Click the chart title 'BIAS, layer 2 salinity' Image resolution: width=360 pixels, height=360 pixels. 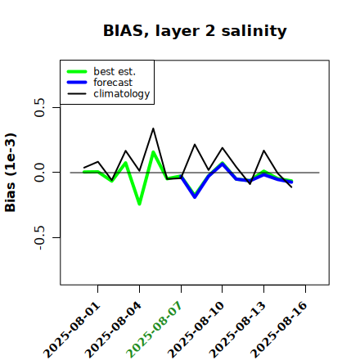point(195,30)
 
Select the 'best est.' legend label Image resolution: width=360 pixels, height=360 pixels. point(115,71)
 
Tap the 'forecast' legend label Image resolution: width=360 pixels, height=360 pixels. point(113,83)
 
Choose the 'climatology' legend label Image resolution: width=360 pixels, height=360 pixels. point(122,93)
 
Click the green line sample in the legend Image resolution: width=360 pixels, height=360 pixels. point(77,71)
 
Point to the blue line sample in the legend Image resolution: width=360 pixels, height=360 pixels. point(77,83)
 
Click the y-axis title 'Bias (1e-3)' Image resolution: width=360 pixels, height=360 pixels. point(11,173)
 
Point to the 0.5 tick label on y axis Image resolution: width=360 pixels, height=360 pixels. point(40,107)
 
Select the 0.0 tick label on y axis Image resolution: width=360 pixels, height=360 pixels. point(40,173)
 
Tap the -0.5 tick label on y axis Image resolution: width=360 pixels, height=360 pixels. point(40,238)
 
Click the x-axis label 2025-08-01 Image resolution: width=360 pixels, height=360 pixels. point(72,330)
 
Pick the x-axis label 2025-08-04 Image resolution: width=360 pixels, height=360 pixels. point(114,330)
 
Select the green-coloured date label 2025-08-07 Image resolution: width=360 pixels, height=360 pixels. point(155,330)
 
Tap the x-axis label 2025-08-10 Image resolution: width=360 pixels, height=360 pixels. point(196,330)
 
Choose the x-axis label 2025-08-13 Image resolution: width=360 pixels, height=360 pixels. point(237,330)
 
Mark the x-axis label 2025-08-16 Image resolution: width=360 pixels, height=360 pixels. point(279,330)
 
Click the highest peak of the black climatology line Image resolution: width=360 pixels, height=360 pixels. point(153,128)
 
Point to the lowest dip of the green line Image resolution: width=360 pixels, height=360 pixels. point(139,204)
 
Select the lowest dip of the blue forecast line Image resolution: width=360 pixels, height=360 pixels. point(195,197)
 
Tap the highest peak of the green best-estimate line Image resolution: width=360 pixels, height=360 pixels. point(153,152)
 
